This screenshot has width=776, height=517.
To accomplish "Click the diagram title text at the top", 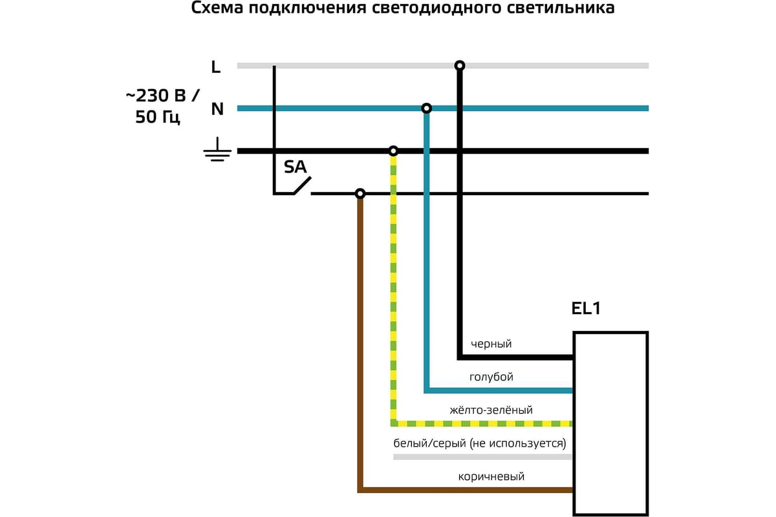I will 403,10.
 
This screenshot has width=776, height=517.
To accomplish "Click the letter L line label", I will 216,66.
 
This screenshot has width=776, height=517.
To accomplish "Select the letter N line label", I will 217,109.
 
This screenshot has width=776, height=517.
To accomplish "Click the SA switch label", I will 296,167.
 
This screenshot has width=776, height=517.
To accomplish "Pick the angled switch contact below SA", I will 302,186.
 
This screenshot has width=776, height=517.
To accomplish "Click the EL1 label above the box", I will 586,309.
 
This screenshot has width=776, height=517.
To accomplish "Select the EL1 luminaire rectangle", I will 611,423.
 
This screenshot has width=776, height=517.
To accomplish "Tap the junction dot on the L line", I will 460,65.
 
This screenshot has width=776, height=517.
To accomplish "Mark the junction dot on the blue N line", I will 426,107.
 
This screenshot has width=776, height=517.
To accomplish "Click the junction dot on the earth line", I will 393,151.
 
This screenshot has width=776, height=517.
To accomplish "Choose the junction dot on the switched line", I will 360,193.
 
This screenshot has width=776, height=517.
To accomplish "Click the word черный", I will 491,344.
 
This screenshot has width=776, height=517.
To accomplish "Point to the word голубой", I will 491,377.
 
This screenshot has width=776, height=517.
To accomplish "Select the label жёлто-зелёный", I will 491,410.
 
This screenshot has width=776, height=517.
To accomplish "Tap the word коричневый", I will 491,477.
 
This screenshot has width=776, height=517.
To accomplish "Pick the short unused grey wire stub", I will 482,457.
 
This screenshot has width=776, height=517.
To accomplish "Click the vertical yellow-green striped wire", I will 393,291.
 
